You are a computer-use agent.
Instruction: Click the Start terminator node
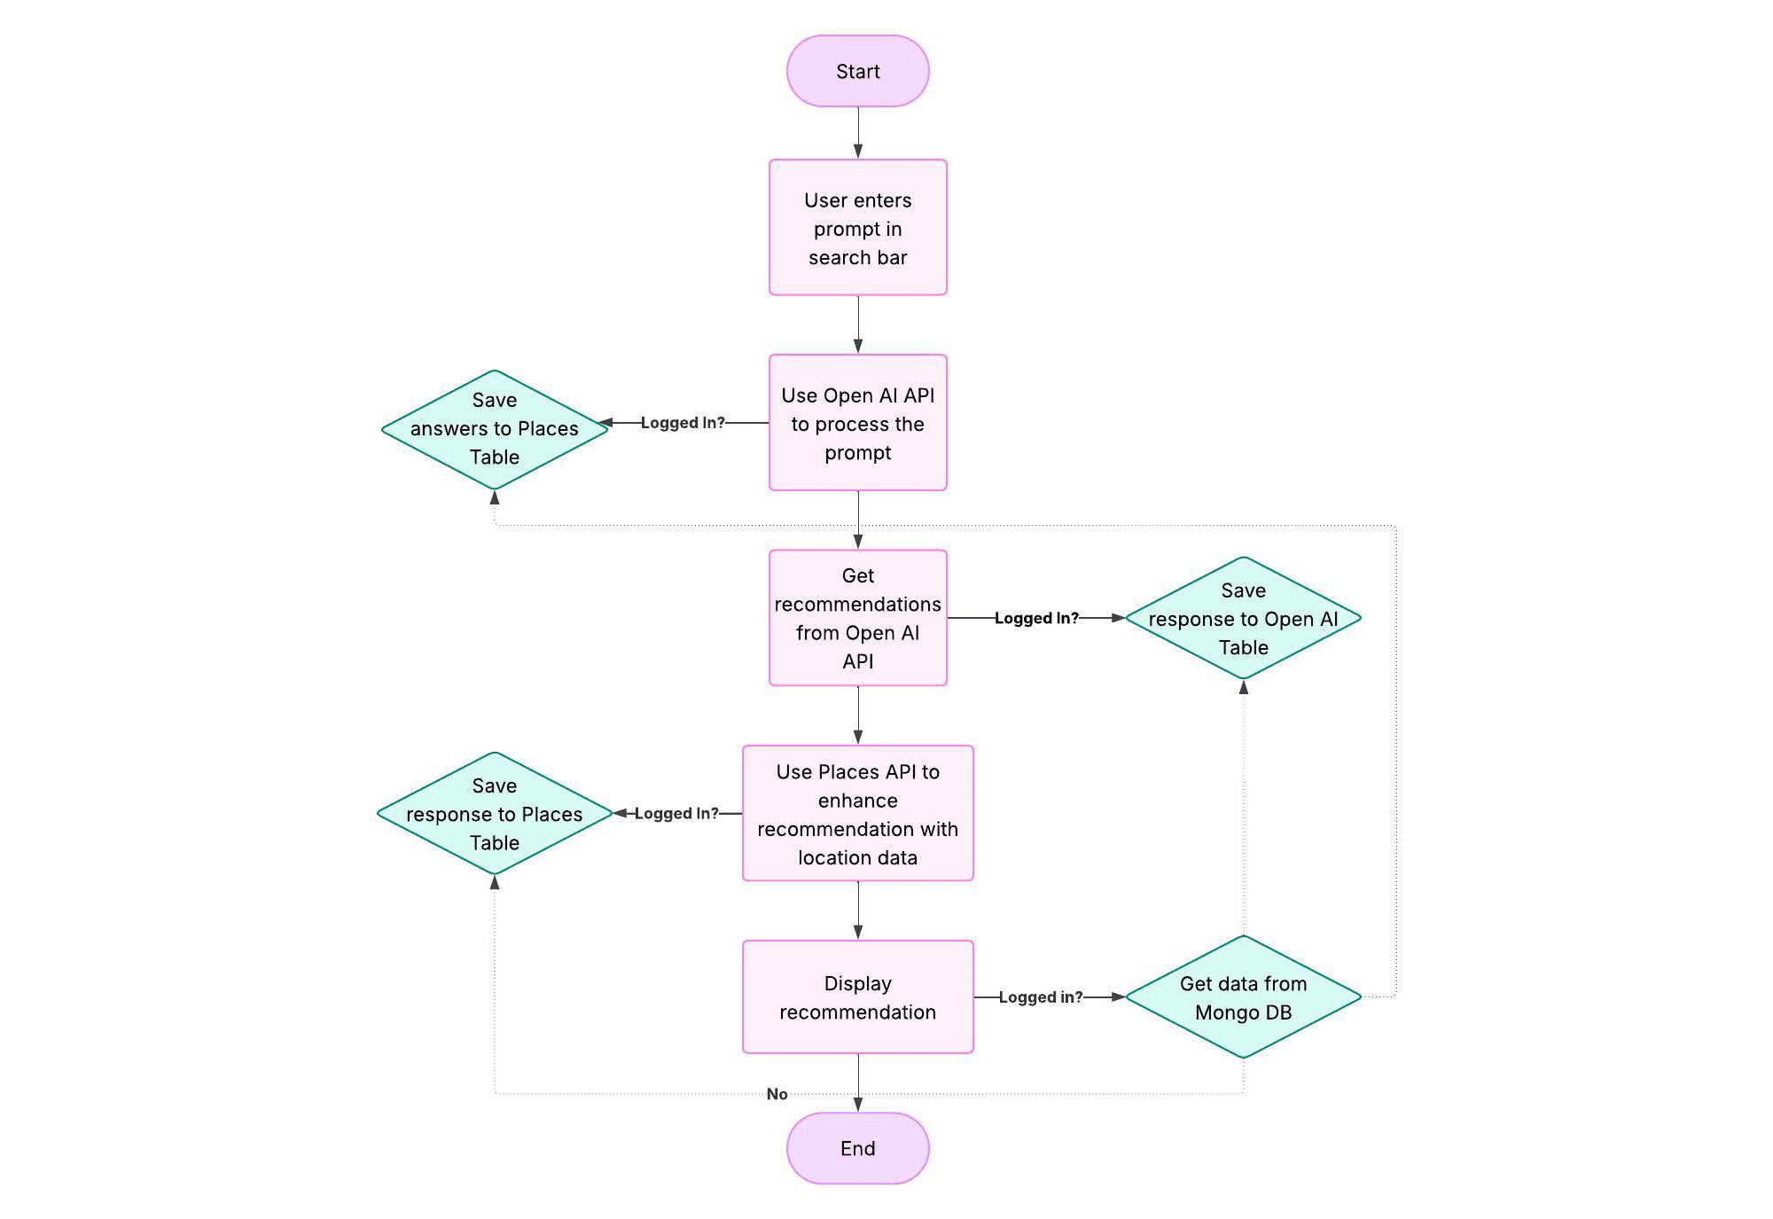pyautogui.click(x=857, y=72)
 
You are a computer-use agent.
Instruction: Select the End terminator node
pyautogui.click(x=857, y=1148)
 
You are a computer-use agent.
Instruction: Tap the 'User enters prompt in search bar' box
pyautogui.click(x=857, y=228)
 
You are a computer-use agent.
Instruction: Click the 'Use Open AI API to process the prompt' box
pyautogui.click(x=857, y=423)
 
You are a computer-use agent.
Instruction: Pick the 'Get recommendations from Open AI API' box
pyautogui.click(x=857, y=618)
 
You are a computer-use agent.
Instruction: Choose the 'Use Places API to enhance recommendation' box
pyautogui.click(x=857, y=813)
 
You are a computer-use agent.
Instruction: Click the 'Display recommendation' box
pyautogui.click(x=857, y=996)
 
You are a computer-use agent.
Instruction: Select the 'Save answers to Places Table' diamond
pyautogui.click(x=495, y=429)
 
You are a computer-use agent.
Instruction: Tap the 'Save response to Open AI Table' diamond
pyautogui.click(x=1243, y=618)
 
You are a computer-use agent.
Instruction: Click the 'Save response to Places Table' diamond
pyautogui.click(x=495, y=813)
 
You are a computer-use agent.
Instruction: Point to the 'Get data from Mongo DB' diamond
pyautogui.click(x=1243, y=996)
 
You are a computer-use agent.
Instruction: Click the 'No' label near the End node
pyautogui.click(x=777, y=1094)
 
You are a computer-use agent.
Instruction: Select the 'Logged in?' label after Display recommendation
pyautogui.click(x=1040, y=997)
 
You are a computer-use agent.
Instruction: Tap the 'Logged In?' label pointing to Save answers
pyautogui.click(x=682, y=423)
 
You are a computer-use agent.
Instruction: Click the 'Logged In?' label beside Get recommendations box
pyautogui.click(x=1036, y=618)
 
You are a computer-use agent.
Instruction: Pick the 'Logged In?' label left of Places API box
pyautogui.click(x=676, y=813)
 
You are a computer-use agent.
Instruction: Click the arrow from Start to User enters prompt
pyautogui.click(x=858, y=133)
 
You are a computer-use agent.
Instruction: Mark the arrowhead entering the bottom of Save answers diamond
pyautogui.click(x=495, y=498)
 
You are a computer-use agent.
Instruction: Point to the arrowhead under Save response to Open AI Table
pyautogui.click(x=1244, y=687)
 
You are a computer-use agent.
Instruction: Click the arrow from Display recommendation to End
pyautogui.click(x=858, y=1083)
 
